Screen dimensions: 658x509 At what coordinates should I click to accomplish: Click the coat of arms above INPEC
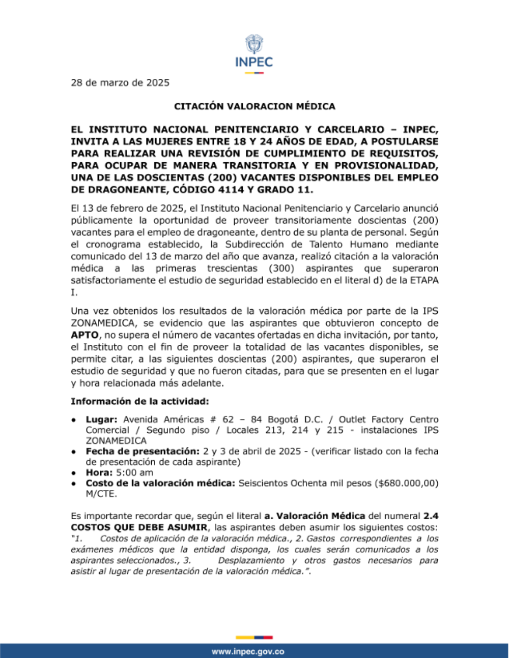click(254, 44)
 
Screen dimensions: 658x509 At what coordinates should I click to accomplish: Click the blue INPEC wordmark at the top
click(254, 63)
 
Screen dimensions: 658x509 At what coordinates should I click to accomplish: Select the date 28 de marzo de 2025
click(120, 83)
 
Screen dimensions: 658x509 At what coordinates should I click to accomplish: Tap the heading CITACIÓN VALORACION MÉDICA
click(254, 106)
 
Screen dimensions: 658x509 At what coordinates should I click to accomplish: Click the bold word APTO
click(84, 335)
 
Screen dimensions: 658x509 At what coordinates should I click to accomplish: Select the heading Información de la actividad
click(140, 401)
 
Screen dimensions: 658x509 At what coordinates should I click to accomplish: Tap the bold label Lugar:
click(101, 420)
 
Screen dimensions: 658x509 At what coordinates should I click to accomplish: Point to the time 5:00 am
click(134, 472)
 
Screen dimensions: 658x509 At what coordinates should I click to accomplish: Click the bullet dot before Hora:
click(74, 473)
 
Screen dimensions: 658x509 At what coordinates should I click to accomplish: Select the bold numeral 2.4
click(431, 516)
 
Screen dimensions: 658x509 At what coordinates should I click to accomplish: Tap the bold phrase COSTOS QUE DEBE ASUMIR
click(139, 527)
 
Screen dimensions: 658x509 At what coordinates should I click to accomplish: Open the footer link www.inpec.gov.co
click(248, 651)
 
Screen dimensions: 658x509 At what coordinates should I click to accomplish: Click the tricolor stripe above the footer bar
click(254, 637)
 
